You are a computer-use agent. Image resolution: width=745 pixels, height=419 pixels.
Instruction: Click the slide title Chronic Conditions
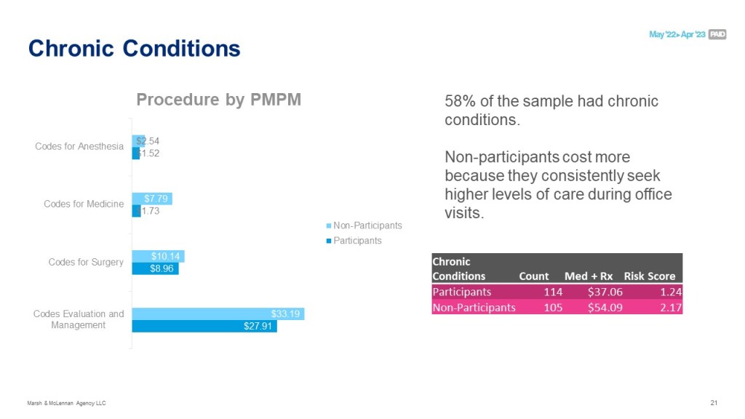coord(134,49)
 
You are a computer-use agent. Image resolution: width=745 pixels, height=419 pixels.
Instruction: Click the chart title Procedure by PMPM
coord(218,100)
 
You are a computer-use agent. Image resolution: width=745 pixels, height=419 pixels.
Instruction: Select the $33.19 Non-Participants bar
coord(218,314)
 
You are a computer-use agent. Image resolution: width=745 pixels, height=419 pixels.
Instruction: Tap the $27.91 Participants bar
coord(204,327)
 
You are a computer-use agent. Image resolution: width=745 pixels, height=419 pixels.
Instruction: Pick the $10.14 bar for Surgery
coord(158,256)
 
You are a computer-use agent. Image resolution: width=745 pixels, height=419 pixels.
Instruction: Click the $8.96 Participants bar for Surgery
coord(155,268)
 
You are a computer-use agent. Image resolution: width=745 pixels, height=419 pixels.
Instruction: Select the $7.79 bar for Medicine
coord(152,198)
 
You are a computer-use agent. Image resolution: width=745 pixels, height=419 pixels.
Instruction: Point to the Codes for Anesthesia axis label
coord(79,146)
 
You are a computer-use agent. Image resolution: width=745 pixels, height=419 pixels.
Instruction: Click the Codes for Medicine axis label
coord(84,204)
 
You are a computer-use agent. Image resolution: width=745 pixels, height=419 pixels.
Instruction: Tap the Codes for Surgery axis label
coord(86,262)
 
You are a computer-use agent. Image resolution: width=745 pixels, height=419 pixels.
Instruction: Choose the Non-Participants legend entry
coord(367,226)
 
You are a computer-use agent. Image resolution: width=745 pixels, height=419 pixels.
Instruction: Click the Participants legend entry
coord(357,240)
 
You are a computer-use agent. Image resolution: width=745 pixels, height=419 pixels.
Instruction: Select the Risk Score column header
coord(649,276)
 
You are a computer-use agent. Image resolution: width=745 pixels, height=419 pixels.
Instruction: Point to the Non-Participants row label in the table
coord(474,307)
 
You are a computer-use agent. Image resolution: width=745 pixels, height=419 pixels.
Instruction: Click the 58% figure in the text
coord(459,101)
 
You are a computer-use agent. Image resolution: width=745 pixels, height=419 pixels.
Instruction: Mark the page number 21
coord(713,403)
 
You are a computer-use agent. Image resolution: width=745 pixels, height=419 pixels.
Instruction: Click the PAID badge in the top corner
coord(717,34)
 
